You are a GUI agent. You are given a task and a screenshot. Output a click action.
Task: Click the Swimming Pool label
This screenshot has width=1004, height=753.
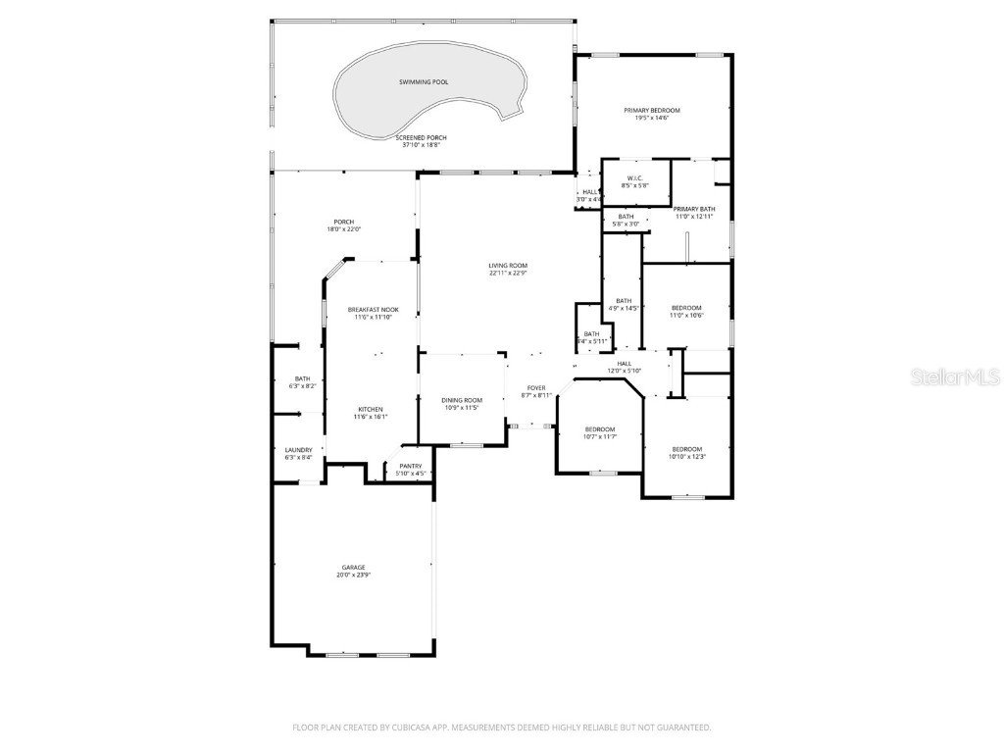click(424, 81)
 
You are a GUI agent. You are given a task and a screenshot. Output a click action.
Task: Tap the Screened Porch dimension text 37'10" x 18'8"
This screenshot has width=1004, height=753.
click(422, 145)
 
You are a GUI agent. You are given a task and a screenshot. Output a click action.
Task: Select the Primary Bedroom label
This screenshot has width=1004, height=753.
click(652, 110)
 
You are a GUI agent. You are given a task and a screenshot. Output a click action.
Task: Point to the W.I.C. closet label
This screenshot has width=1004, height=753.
click(634, 177)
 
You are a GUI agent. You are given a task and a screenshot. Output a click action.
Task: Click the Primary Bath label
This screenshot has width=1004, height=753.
click(694, 209)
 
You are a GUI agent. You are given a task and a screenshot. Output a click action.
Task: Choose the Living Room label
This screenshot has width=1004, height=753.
click(509, 266)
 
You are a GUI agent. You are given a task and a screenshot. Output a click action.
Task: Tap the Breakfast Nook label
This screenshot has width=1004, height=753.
click(373, 309)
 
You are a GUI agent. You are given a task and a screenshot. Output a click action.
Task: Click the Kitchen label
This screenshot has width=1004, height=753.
click(370, 409)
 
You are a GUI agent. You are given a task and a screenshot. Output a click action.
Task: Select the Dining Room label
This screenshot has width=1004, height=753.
click(461, 399)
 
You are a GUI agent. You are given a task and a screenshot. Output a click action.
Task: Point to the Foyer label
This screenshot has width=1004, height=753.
click(536, 387)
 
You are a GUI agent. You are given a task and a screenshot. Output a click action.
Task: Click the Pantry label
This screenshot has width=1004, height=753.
click(411, 466)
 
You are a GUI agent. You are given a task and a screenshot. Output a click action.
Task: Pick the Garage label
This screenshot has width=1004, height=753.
click(353, 567)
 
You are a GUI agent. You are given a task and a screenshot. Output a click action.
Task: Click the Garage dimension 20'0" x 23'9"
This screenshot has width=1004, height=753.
click(353, 575)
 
